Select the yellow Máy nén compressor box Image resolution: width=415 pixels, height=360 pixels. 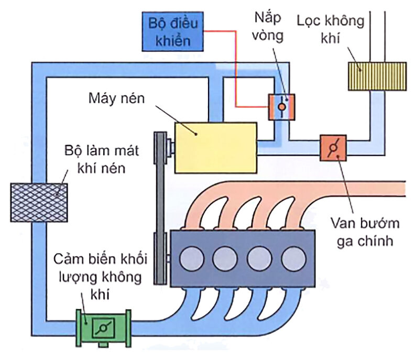pyautogui.click(x=215, y=147)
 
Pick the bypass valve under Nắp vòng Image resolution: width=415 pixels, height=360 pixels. pyautogui.click(x=282, y=106)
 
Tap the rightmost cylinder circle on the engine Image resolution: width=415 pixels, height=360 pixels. pyautogui.click(x=292, y=258)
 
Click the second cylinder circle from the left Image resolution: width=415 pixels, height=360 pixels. pyautogui.click(x=225, y=258)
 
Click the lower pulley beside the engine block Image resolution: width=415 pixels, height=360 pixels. pyautogui.click(x=167, y=258)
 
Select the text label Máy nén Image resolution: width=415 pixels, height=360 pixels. pyautogui.click(x=116, y=99)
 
